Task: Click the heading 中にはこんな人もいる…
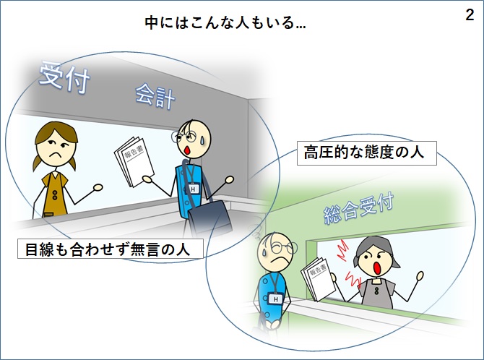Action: (225, 23)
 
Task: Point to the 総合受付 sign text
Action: (359, 209)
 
